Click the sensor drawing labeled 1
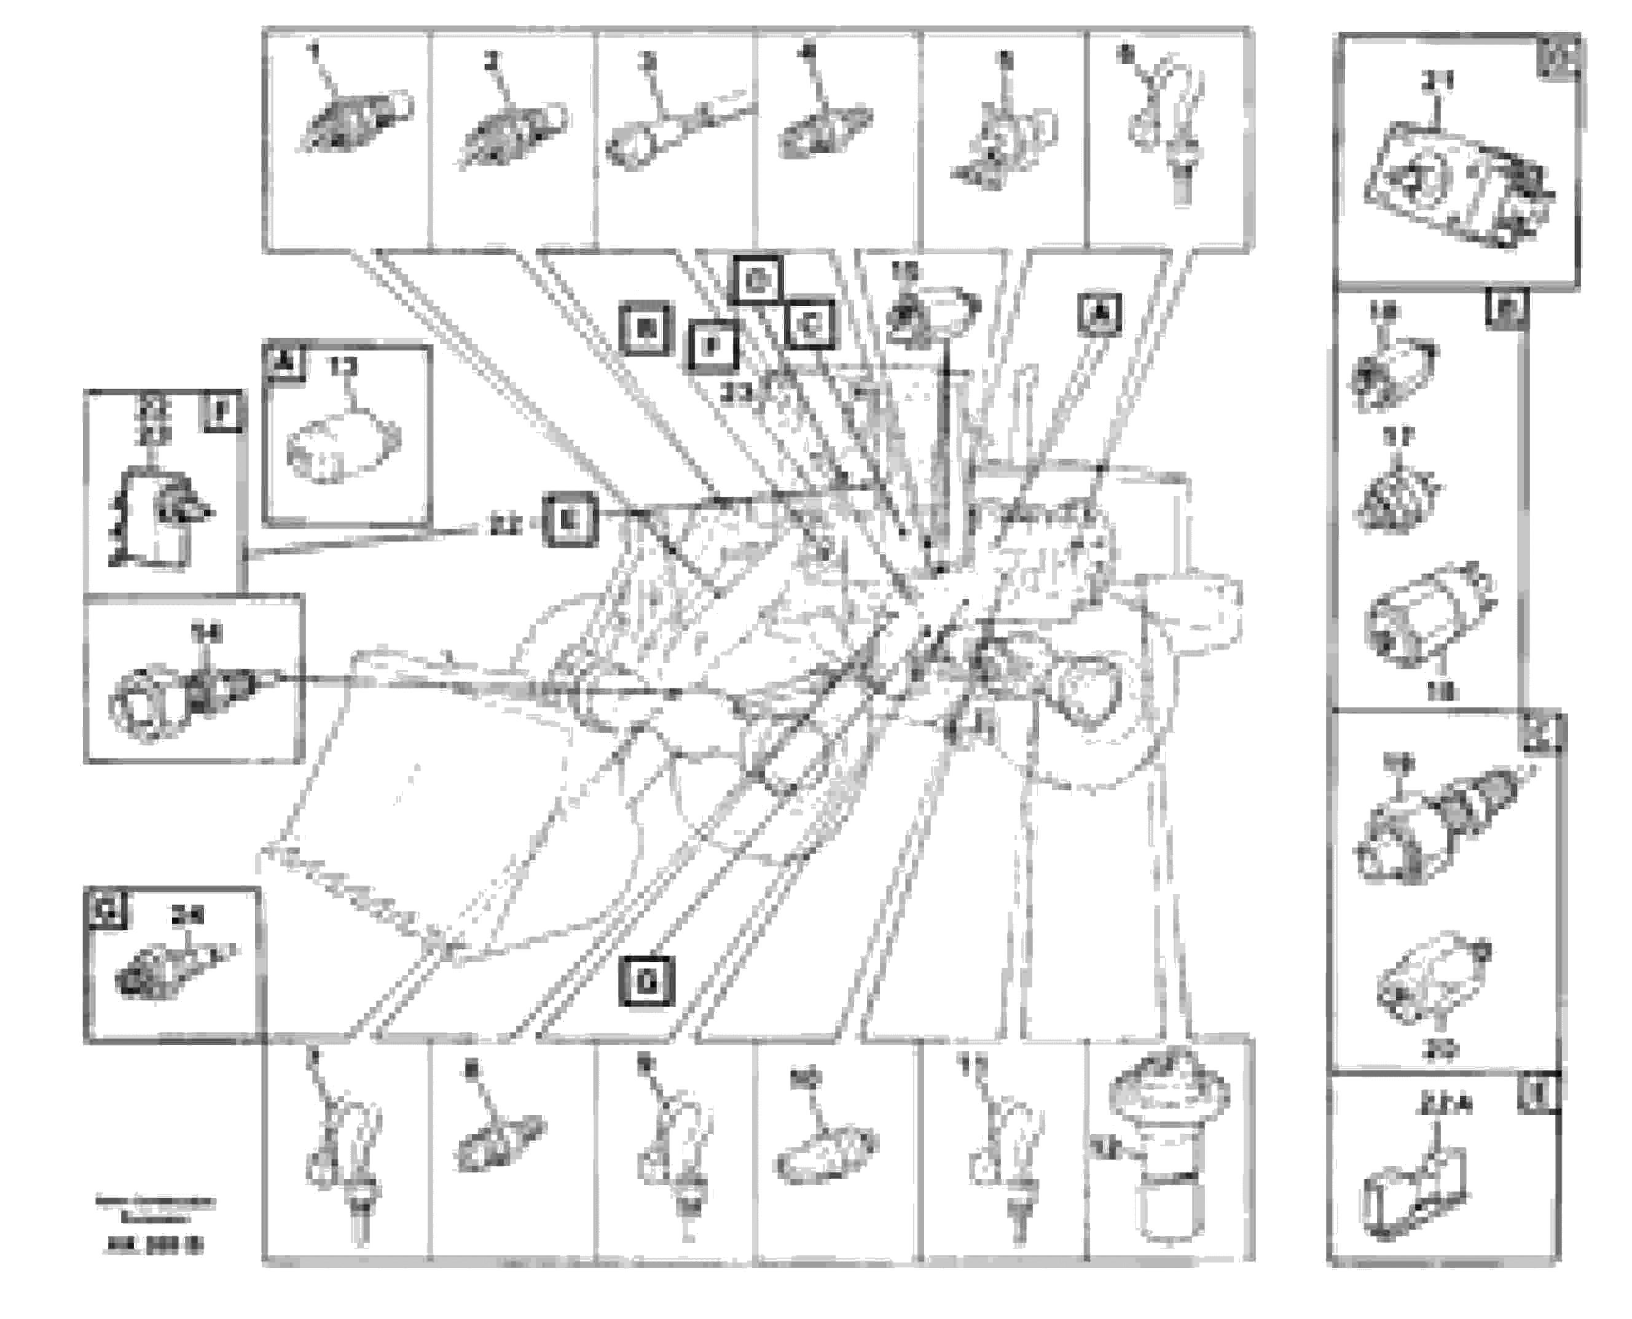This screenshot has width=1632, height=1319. tap(353, 122)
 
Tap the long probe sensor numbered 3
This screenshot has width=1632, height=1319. tap(669, 129)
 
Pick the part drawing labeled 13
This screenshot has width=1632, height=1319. tap(342, 448)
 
